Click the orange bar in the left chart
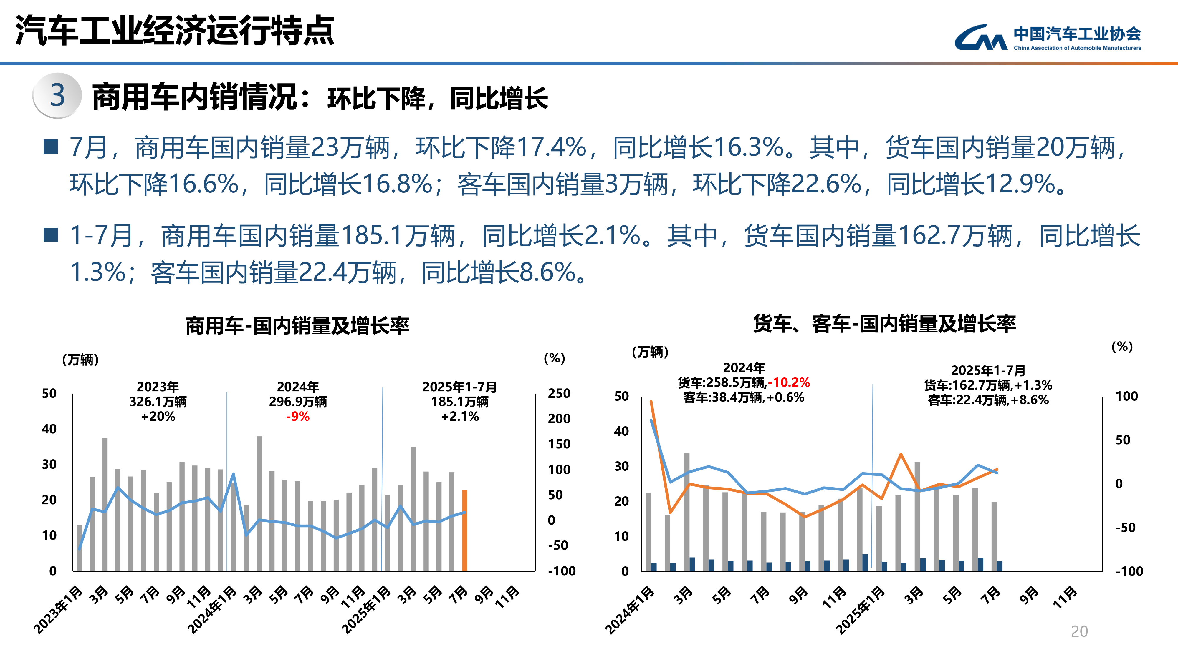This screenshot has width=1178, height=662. (x=464, y=530)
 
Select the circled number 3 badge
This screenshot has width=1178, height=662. (x=57, y=96)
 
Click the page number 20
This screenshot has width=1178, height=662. (x=1079, y=631)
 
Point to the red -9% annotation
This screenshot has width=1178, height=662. (x=298, y=417)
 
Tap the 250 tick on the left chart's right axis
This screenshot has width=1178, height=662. (x=559, y=393)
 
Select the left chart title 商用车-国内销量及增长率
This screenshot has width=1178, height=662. (x=297, y=326)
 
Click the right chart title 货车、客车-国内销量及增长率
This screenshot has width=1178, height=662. (x=884, y=324)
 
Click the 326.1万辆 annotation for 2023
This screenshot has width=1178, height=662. (x=158, y=402)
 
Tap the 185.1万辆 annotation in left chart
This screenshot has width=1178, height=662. (x=460, y=402)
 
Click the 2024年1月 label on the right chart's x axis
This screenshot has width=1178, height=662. (x=630, y=611)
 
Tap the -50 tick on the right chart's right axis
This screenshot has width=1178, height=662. (x=1125, y=528)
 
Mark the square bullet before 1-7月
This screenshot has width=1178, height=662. (x=50, y=235)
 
